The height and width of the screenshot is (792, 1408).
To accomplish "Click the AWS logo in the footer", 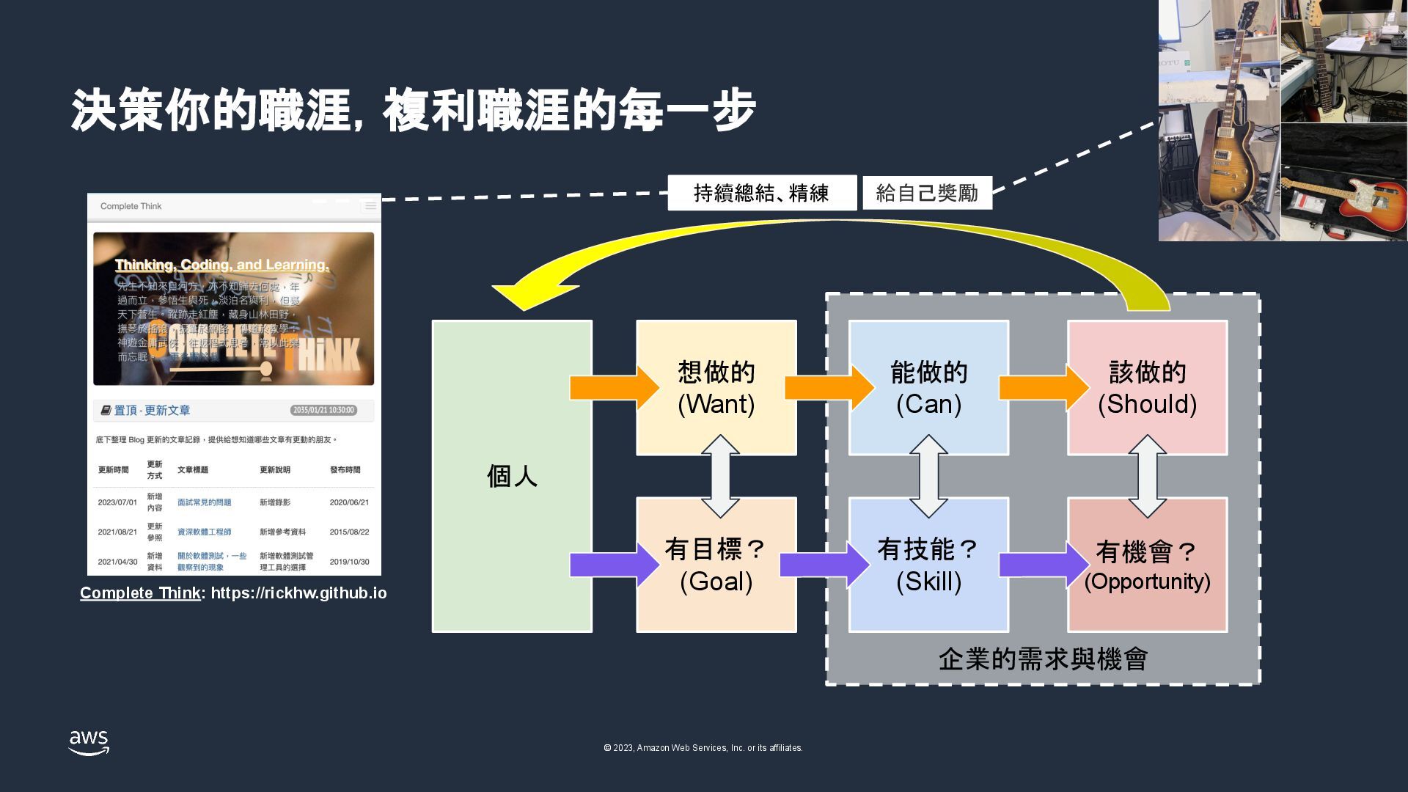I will [x=89, y=742].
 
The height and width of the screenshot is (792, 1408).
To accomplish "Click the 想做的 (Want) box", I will [x=716, y=388].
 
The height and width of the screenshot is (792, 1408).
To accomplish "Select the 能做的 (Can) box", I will [x=928, y=388].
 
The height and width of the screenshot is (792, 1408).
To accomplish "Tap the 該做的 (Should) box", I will [x=1147, y=388].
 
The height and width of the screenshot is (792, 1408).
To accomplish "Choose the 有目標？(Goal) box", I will [x=716, y=565].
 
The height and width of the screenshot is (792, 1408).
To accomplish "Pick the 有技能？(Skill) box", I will [x=928, y=565].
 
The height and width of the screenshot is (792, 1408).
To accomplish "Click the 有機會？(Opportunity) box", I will [x=1147, y=565].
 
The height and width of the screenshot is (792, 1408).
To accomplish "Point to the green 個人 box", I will [x=512, y=476].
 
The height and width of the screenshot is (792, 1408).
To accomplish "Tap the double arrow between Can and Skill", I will [x=928, y=476].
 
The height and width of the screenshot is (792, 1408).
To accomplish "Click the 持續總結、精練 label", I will [x=761, y=193].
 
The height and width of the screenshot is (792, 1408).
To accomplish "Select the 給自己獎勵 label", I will [x=927, y=193].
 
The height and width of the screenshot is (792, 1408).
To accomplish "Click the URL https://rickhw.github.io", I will [x=298, y=593].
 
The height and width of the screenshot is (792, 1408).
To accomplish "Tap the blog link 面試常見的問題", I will [x=204, y=502].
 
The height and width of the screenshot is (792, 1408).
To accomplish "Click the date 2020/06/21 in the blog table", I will [x=349, y=502].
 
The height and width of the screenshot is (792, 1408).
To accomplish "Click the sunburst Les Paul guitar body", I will [x=1222, y=165].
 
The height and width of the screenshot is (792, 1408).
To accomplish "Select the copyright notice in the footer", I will [x=703, y=748].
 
